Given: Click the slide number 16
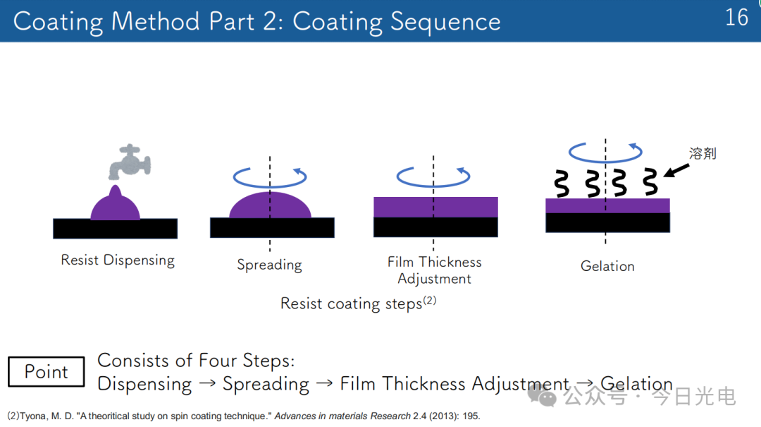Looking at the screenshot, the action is click(736, 18).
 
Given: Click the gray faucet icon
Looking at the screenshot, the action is click(130, 162).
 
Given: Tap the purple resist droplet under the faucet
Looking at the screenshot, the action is click(115, 203).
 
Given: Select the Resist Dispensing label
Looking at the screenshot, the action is click(118, 260).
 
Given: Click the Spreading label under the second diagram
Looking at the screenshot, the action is click(269, 265).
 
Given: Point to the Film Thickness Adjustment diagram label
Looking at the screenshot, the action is click(434, 270).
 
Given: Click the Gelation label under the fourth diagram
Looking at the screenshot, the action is click(607, 266).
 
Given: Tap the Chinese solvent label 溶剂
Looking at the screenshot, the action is click(703, 154).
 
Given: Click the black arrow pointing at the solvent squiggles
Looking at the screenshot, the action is click(676, 170).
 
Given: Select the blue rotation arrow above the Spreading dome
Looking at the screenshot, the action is click(270, 186).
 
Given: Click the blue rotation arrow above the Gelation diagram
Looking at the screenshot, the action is click(605, 160).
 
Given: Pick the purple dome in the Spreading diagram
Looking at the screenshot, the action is click(270, 205).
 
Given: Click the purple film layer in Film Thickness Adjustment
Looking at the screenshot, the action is click(435, 208).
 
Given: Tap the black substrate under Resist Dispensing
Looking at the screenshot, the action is click(115, 229).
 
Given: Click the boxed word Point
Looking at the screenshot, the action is click(46, 371).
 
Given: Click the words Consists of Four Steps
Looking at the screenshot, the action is click(196, 361).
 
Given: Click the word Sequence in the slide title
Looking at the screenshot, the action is click(445, 22).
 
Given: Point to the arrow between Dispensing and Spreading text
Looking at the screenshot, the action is click(207, 384).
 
